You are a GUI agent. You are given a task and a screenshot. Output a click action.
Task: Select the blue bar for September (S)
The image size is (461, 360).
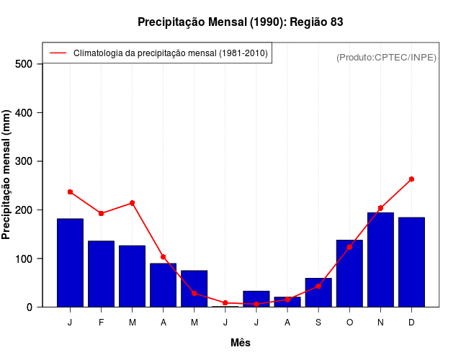(318, 292)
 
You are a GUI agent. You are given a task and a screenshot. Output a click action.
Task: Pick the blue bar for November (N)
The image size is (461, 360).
(380, 259)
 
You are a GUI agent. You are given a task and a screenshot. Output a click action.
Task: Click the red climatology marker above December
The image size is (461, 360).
(411, 179)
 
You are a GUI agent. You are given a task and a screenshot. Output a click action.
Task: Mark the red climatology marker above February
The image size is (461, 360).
(101, 213)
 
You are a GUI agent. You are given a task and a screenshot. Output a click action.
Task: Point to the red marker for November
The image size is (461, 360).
(380, 208)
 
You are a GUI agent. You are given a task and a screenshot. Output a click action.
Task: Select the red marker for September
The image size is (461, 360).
(318, 286)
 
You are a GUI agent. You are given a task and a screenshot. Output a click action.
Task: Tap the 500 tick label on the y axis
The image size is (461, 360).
(24, 64)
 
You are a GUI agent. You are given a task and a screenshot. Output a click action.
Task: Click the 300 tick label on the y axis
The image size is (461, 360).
(24, 161)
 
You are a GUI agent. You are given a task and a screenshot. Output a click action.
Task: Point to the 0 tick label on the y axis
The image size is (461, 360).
(30, 307)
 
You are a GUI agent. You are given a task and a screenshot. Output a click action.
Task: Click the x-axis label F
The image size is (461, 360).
(101, 323)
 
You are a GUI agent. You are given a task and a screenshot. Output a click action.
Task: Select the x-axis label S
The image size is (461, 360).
(318, 323)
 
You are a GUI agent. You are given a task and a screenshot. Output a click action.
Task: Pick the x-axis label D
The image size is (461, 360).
(411, 323)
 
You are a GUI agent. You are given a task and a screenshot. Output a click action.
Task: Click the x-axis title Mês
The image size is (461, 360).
(241, 343)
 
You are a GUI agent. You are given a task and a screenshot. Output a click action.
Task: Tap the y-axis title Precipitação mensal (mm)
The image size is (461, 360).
(6, 175)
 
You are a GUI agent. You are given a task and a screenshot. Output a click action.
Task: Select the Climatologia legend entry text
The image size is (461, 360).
(170, 53)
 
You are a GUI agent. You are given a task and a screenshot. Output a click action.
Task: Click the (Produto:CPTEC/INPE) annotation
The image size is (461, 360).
(386, 57)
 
